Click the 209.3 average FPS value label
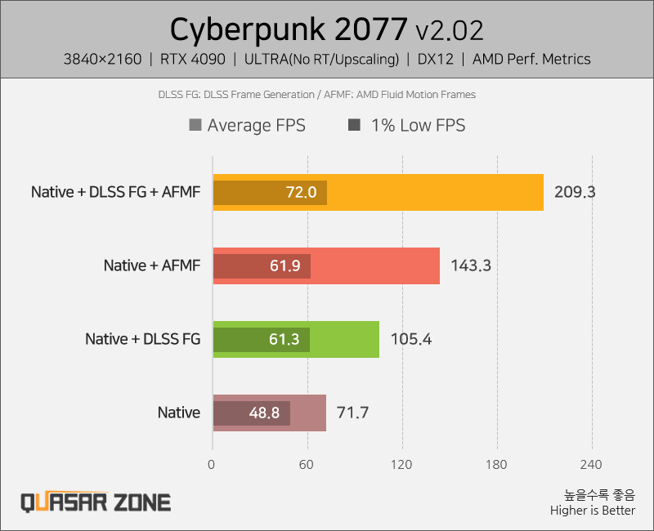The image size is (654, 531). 575,193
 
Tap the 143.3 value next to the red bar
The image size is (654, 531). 471,266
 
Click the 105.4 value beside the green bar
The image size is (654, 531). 410,339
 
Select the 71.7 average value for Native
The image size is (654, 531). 353,413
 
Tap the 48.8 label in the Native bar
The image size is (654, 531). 265,413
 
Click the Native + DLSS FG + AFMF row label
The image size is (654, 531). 115,193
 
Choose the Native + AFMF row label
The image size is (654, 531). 151,266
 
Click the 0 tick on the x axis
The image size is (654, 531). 213,465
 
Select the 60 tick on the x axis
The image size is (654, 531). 307,465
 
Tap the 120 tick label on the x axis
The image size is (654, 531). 402,465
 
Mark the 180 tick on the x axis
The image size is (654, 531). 497,465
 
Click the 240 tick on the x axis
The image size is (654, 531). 591,465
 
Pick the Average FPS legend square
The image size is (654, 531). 195,126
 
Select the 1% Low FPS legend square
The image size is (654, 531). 354,126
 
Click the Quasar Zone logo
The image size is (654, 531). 96,502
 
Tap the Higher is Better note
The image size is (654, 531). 592,511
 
